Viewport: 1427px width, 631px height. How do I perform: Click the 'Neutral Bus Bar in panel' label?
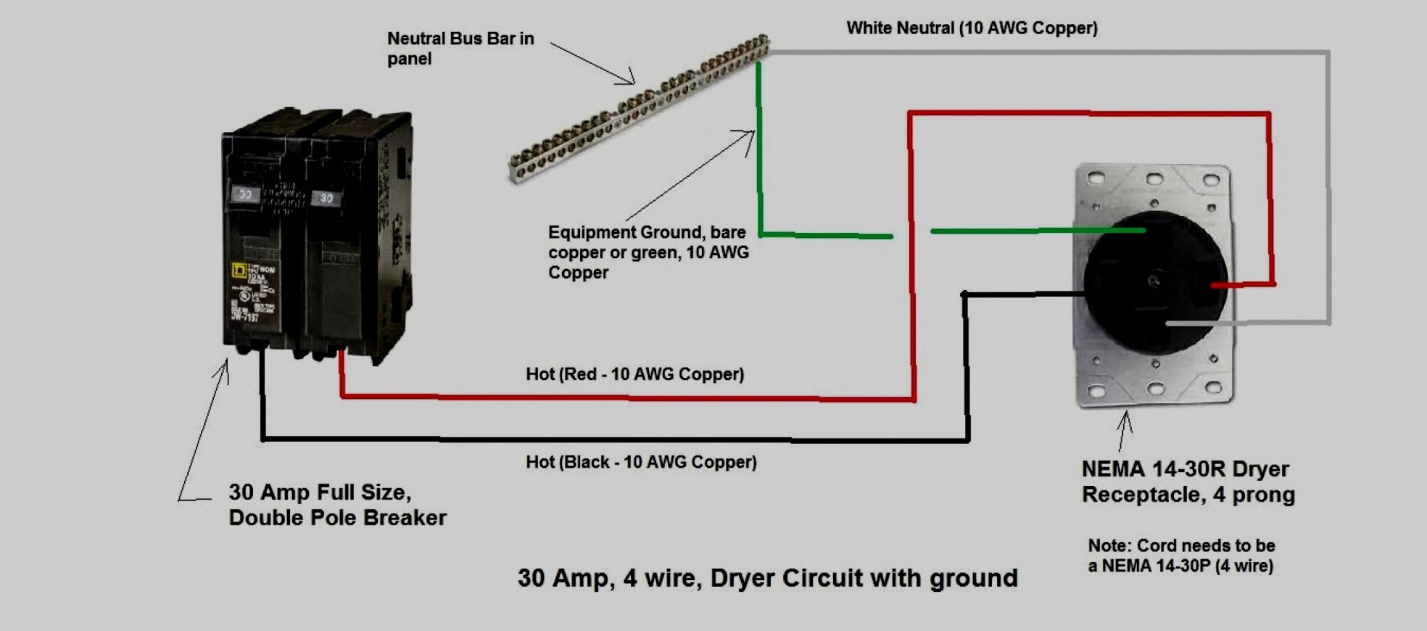click(x=460, y=49)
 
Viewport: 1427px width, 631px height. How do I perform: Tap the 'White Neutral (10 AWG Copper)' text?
click(x=972, y=28)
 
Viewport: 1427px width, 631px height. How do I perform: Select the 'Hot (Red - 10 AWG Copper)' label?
click(x=634, y=374)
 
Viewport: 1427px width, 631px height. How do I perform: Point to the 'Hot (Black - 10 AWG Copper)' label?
click(x=641, y=462)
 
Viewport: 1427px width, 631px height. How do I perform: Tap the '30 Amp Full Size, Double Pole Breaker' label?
click(x=337, y=505)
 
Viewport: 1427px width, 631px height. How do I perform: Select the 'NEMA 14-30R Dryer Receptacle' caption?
click(x=1188, y=482)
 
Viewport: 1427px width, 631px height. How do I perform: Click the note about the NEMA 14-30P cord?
click(x=1180, y=556)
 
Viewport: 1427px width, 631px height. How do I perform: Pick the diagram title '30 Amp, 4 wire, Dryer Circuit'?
click(x=767, y=578)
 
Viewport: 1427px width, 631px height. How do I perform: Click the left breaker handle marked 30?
click(x=245, y=194)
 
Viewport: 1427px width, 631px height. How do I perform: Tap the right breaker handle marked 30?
click(x=326, y=198)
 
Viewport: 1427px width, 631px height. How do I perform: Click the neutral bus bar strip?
click(x=638, y=109)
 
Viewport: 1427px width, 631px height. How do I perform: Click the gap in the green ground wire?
click(x=911, y=234)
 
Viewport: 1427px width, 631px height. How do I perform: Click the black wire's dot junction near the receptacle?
click(x=964, y=294)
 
